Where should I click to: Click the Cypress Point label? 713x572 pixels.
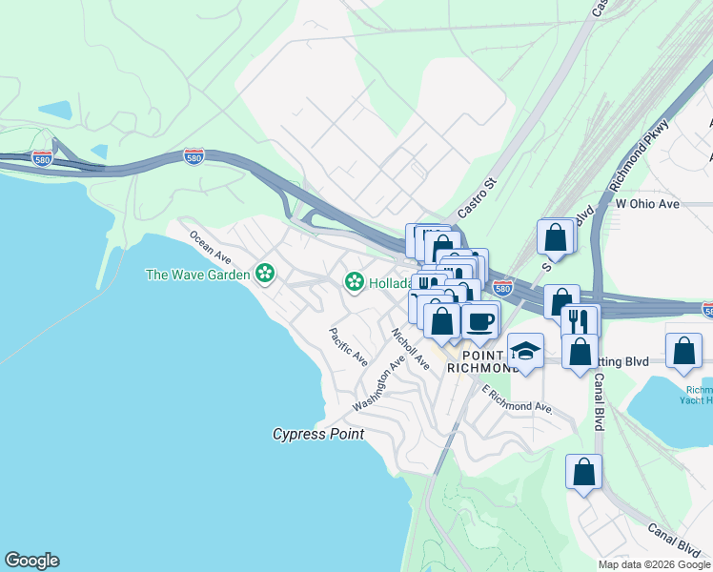(x=318, y=434)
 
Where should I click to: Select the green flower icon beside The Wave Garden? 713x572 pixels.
(x=265, y=275)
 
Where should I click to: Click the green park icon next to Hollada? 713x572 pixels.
(x=355, y=281)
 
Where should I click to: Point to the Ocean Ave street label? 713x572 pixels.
(x=210, y=246)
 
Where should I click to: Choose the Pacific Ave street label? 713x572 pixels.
(x=348, y=347)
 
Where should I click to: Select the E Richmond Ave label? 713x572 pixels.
(x=518, y=399)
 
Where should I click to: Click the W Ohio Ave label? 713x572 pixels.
(x=647, y=204)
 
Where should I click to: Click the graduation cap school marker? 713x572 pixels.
(x=525, y=352)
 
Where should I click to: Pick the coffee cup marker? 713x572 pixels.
(x=480, y=319)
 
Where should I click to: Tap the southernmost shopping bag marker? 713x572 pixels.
(x=583, y=472)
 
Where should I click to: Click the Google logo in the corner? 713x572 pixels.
(x=31, y=561)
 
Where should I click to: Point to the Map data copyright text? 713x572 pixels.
(x=654, y=564)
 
